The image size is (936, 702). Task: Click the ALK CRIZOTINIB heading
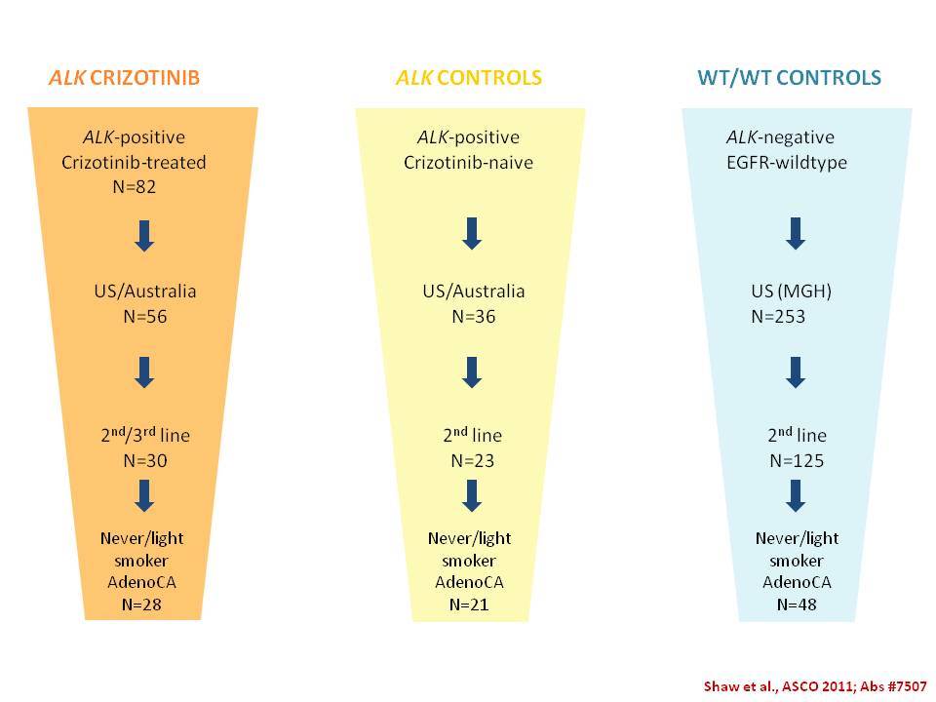[124, 78]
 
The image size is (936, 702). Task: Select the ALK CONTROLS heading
[469, 78]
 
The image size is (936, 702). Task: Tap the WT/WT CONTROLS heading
[789, 78]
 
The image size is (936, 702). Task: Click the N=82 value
[135, 187]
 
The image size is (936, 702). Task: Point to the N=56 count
[145, 316]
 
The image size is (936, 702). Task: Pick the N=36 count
[474, 316]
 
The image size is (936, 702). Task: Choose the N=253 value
[778, 316]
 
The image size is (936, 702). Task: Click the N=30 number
[145, 461]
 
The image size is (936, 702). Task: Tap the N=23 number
[472, 461]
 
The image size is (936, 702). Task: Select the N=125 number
[797, 461]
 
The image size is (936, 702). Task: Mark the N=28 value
[141, 604]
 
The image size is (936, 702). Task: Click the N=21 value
[469, 604]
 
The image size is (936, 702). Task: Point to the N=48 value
[797, 604]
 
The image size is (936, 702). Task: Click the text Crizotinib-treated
[134, 163]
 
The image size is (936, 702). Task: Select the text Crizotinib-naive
[468, 163]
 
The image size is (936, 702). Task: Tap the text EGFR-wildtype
[786, 163]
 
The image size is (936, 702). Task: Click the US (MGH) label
[791, 292]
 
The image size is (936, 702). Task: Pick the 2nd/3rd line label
[145, 435]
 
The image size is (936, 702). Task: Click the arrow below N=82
[144, 236]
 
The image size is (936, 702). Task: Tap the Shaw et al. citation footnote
[815, 686]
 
